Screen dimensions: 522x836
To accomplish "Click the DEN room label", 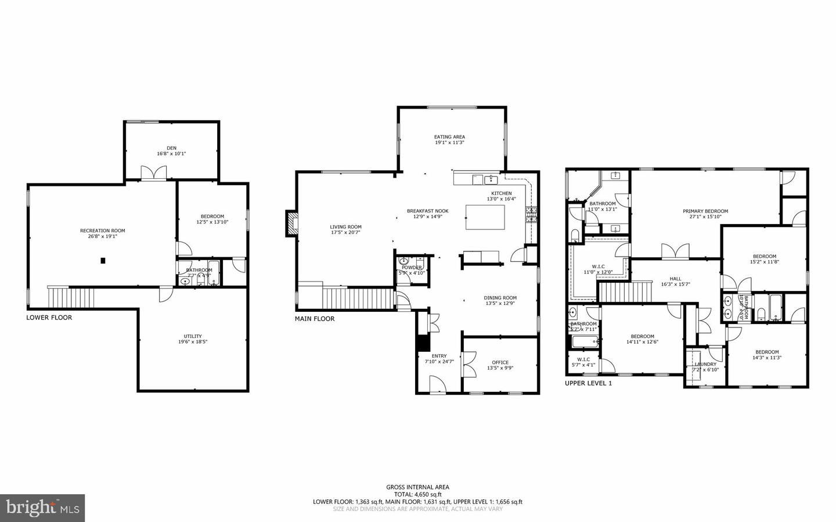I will coord(171,148).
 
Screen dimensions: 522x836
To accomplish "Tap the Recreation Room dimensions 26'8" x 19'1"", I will coord(102,237).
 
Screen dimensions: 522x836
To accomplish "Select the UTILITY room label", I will coord(193,336).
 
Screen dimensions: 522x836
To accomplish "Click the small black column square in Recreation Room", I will coord(103,261).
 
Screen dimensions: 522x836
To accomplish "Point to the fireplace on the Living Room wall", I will coord(290,224).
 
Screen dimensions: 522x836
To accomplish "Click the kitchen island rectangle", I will coord(485,218).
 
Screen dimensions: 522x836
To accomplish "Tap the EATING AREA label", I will coord(449,137).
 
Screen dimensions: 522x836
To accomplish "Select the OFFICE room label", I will coord(500,362).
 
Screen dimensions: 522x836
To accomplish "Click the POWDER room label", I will coord(412,268).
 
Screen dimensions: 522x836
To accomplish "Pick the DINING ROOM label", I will coord(500,298).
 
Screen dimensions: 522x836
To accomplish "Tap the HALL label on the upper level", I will coord(675,279).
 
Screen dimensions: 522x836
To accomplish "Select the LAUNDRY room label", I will coord(705,364).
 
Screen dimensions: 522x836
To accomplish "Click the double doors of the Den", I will coord(154,173).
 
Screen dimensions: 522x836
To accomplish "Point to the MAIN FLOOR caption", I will coord(315,319).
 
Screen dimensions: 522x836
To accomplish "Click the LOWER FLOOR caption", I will coord(49,318).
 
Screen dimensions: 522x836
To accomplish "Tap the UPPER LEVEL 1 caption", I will coord(588,383).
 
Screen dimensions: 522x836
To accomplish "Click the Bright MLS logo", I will coord(42,508).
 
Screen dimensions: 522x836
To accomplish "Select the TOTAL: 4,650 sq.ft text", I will coord(417,495).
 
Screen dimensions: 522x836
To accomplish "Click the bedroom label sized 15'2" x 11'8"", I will coord(764,257).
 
